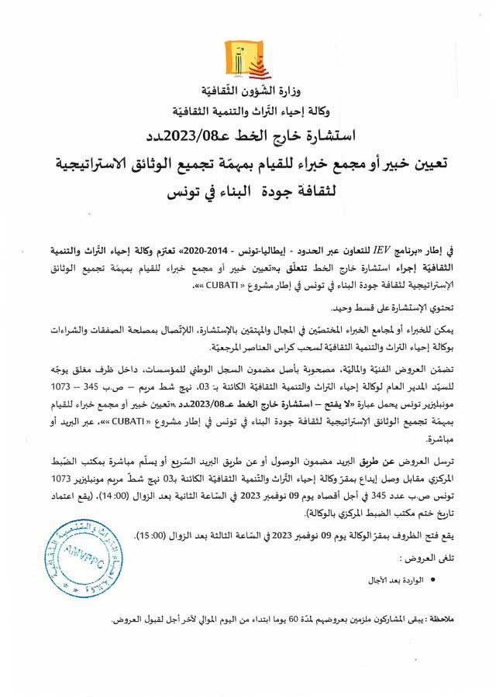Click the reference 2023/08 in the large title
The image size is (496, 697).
pos(238,137)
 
